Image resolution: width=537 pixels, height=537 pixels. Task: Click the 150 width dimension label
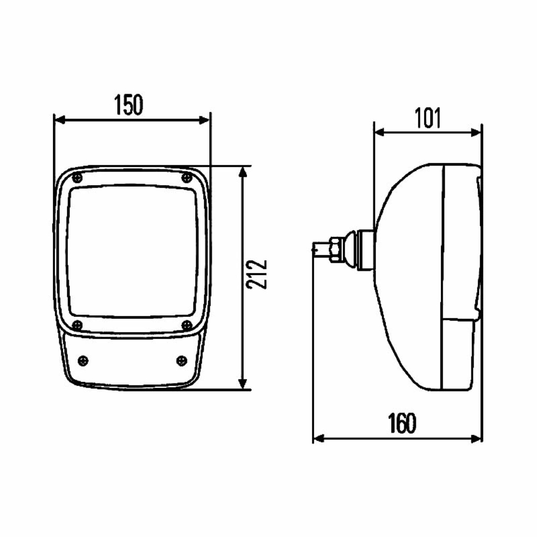coord(128,105)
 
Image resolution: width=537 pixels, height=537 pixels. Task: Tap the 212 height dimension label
coord(257,275)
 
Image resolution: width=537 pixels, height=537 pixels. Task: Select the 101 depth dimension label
coord(428,118)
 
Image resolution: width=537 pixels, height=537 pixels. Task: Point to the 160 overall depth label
coord(402,423)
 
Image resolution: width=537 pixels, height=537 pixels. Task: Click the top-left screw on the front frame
coord(78,178)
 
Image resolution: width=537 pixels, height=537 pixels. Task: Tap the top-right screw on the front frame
coord(187,177)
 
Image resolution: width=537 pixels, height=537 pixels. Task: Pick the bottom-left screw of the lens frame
coord(78,325)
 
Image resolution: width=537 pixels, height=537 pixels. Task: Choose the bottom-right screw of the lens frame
coord(187,325)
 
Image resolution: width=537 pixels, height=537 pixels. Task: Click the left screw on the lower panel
coord(83,361)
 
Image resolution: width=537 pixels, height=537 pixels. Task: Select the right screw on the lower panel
coord(181,360)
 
